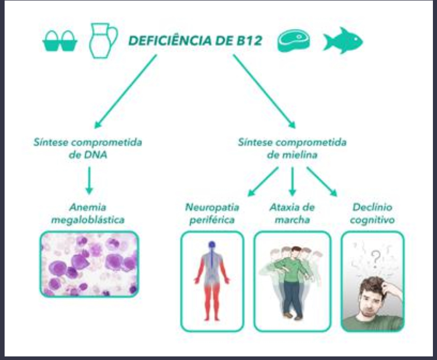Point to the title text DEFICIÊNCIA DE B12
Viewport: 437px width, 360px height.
[x=195, y=41]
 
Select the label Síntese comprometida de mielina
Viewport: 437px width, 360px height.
[x=292, y=149]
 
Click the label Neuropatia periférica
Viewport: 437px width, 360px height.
[x=211, y=213]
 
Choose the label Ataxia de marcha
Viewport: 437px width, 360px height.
[x=292, y=213]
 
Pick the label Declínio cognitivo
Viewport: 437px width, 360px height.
[x=372, y=213]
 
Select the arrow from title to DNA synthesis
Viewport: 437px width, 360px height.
[x=126, y=91]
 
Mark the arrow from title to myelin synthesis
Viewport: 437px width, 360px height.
[x=264, y=91]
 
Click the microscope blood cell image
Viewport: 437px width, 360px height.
[x=89, y=263]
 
